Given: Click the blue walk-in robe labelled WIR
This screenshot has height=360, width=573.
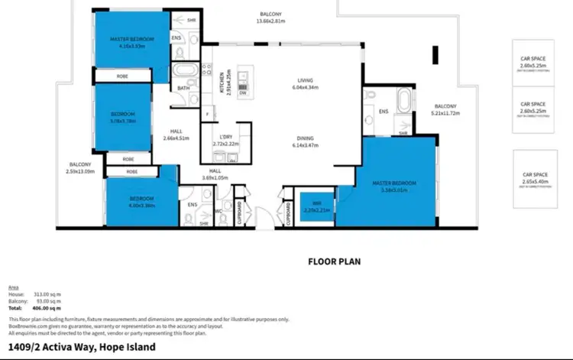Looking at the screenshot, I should click(314, 207).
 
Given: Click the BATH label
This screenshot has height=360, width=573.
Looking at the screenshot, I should click(184, 88).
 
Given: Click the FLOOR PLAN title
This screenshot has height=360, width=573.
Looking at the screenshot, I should click(334, 261).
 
